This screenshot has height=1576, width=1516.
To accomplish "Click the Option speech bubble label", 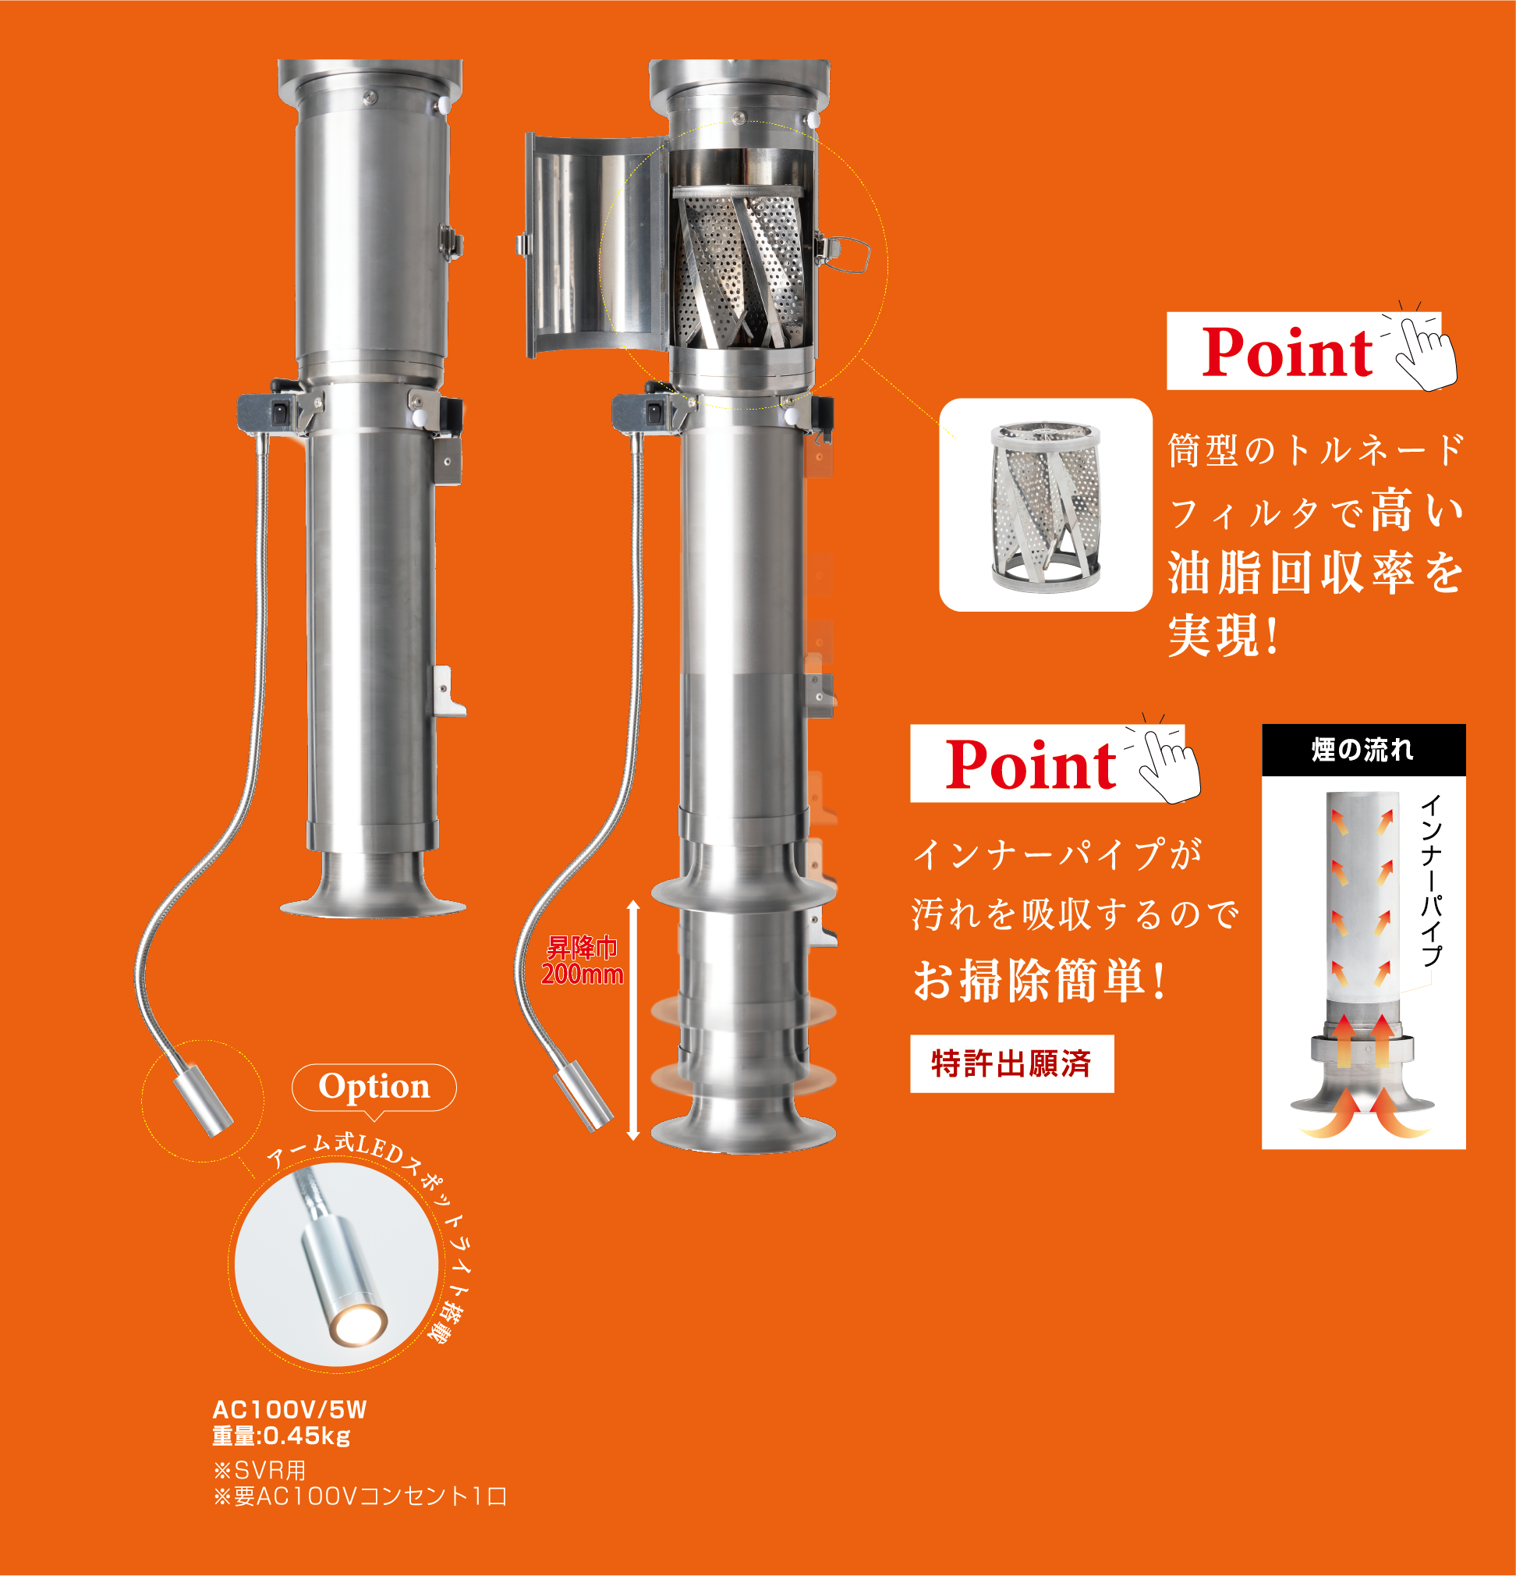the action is tap(374, 1087).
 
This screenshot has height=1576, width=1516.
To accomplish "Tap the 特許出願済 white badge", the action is tap(1012, 1064).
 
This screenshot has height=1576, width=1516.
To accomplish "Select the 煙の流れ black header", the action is tap(1363, 750).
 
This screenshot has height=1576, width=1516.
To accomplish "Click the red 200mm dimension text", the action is tap(583, 974).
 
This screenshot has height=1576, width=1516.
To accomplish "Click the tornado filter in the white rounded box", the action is tap(1045, 506).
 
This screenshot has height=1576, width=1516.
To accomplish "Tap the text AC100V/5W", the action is tap(289, 1410).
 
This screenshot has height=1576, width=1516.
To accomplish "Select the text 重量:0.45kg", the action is tap(282, 1436).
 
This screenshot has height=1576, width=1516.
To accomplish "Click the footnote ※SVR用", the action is tap(260, 1470).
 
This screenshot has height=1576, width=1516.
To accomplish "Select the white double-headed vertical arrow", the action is tap(633, 1020).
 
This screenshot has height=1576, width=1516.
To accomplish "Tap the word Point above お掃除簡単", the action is tap(1030, 765).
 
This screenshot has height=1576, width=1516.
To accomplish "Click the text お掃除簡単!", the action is tap(1040, 981).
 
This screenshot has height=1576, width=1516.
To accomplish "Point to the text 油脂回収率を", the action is tap(1316, 573).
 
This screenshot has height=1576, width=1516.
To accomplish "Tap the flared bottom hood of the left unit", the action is tap(373, 886).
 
